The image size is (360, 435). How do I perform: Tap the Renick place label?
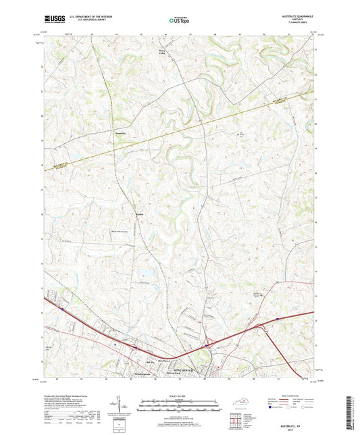pyautogui.click(x=139, y=216)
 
